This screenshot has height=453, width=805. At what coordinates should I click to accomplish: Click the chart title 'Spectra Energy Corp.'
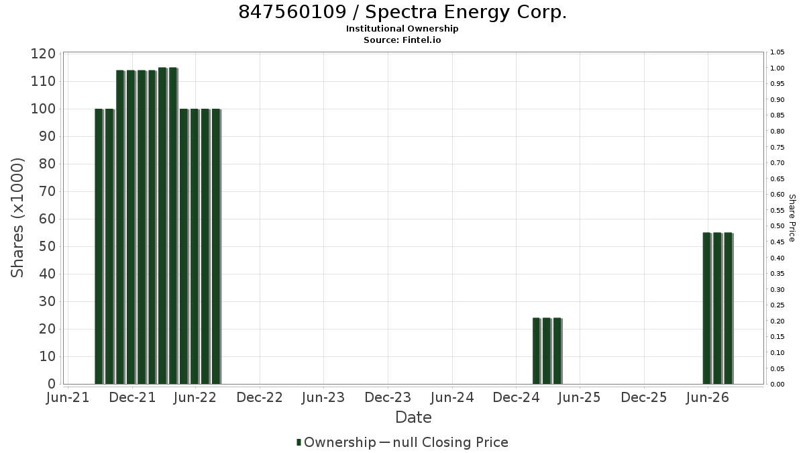(466, 12)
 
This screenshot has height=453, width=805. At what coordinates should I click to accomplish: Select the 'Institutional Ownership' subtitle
(402, 29)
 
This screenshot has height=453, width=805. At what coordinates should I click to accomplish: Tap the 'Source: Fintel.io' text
(402, 40)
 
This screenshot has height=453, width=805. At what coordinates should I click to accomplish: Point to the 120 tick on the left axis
(43, 54)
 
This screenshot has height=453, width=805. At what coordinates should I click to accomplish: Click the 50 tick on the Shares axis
(47, 247)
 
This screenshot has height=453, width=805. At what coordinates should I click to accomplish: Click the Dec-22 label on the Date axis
(260, 397)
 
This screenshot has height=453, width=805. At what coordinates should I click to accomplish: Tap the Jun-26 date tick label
(708, 397)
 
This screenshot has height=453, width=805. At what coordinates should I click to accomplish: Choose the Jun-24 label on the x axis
(452, 397)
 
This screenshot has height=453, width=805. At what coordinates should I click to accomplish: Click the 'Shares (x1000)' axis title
(17, 218)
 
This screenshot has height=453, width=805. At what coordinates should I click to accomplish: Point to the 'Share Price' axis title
(792, 218)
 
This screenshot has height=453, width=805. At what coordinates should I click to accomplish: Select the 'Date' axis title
(413, 417)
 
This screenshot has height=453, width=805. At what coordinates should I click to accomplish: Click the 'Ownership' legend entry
(336, 442)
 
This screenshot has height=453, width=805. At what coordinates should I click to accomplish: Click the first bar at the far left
(99, 247)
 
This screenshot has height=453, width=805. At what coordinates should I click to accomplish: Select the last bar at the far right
(729, 309)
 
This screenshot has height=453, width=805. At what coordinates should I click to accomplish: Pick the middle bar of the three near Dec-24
(547, 351)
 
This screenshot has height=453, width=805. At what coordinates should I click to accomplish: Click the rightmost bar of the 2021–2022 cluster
(216, 247)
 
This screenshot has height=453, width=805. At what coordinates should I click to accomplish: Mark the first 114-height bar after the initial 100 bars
(120, 228)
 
